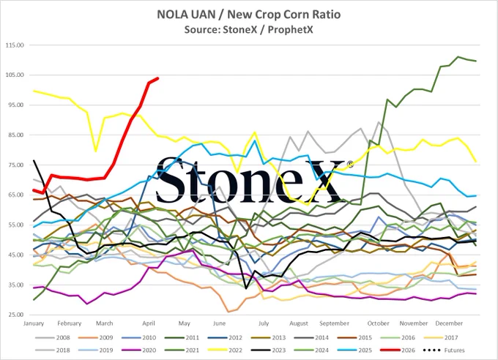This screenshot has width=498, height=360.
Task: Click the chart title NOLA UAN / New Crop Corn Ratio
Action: point(249,15)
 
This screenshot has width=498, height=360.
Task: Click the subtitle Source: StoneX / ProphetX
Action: point(249,29)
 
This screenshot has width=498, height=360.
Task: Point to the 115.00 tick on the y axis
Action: point(15,45)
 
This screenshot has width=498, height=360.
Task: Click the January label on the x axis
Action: point(34,323)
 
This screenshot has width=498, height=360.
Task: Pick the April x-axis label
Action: point(149,323)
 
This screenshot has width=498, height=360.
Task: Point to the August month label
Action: point(299,323)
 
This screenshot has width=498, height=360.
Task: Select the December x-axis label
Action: point(449,323)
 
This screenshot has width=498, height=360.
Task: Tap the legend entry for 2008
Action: point(53,338)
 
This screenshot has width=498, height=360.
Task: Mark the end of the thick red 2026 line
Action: point(158,78)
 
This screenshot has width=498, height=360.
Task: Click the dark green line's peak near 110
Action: point(458,57)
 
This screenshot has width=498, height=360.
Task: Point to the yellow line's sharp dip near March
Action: point(96,151)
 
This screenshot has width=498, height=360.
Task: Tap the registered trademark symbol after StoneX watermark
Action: point(350,164)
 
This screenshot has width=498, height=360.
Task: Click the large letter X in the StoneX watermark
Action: point(324,181)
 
